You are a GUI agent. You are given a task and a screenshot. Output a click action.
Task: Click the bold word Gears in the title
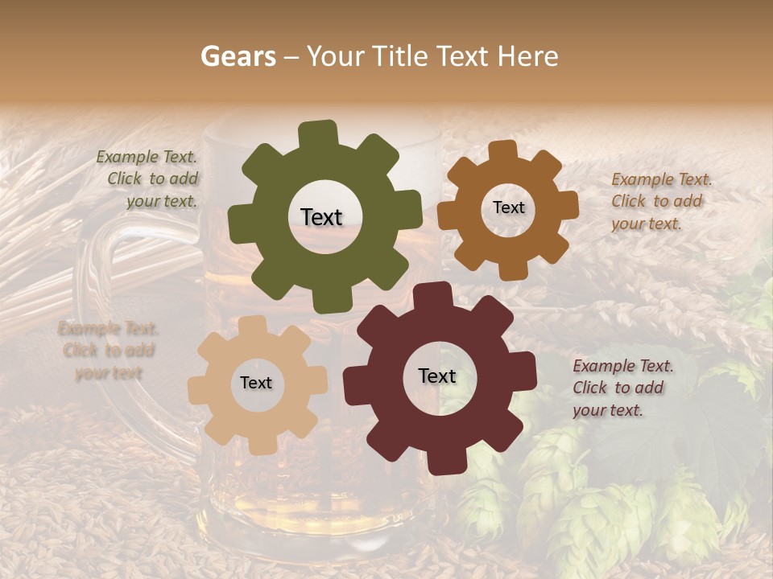[x=238, y=56]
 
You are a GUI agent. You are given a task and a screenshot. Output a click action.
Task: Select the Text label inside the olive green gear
[x=321, y=217]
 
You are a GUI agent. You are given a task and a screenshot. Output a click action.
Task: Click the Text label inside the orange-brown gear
[x=508, y=207]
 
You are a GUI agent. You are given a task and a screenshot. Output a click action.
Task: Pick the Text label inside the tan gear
[x=256, y=383]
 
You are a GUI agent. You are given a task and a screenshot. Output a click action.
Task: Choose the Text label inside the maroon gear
[x=437, y=376]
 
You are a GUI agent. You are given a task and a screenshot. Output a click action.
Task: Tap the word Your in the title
[x=336, y=56]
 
